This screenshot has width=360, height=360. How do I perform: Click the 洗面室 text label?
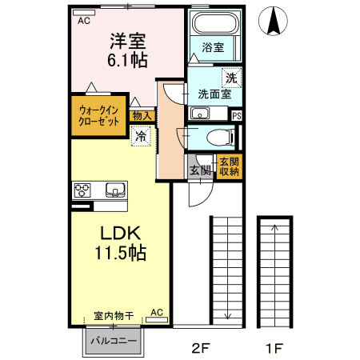[214, 94]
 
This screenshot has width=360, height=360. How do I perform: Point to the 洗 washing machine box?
[231, 78]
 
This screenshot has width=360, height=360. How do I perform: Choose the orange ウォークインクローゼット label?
[98, 117]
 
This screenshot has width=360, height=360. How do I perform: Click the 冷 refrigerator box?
[140, 136]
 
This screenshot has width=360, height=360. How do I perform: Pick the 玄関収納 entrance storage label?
[229, 166]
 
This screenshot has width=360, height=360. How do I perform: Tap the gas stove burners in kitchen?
[82, 190]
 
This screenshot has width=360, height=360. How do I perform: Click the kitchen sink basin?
[115, 190]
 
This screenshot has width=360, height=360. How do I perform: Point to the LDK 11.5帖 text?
[121, 242]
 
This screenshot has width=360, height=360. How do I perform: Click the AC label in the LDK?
[157, 312]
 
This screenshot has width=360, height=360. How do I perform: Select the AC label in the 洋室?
[83, 21]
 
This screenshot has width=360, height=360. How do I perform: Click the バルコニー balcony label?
[113, 341]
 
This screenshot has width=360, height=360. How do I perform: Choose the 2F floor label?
[199, 348]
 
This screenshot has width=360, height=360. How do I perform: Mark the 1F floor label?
[274, 348]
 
